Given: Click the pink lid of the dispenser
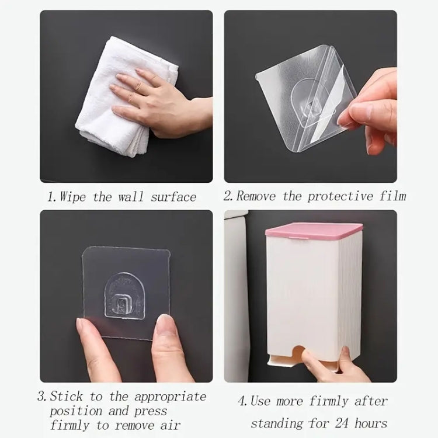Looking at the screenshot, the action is click(x=314, y=231).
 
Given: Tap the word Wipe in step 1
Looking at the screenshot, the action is click(x=72, y=196).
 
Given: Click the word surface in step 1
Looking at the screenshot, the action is click(x=173, y=197).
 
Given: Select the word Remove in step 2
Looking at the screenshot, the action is click(x=256, y=196).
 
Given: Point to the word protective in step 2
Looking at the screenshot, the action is click(x=340, y=196).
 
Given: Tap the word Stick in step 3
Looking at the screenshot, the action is click(x=67, y=396).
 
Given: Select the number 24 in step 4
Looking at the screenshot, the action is click(x=342, y=423).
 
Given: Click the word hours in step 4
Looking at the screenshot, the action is click(x=371, y=423).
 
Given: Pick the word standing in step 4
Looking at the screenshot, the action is click(x=277, y=424).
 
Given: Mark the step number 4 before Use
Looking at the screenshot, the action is click(x=241, y=401).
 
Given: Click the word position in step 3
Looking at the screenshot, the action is click(x=76, y=412).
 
